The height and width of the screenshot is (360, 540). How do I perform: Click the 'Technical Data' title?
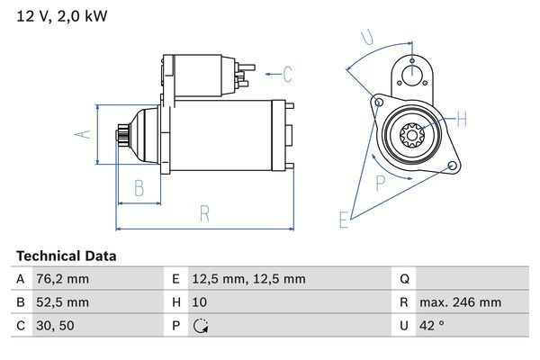click(66, 256)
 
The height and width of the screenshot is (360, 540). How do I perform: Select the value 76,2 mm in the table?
click(63, 279)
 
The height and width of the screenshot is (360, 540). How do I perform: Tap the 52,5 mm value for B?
click(63, 302)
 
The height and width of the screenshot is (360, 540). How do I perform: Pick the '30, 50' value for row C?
click(55, 326)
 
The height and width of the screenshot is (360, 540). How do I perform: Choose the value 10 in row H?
click(200, 302)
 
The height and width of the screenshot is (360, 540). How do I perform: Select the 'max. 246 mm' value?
click(463, 302)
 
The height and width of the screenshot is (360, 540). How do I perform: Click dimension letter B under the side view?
click(139, 188)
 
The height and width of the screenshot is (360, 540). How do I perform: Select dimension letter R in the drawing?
click(204, 213)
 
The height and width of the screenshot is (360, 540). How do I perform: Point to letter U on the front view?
click(365, 38)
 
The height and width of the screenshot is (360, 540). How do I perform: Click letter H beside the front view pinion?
click(461, 119)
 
